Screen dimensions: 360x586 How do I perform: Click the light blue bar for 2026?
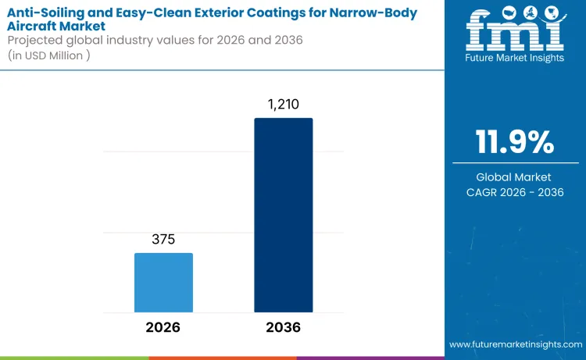coord(163,282)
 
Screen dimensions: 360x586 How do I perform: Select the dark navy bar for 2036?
coord(283,215)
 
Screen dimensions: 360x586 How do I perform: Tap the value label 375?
coord(163,240)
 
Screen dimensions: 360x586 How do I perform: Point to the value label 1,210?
coord(283,104)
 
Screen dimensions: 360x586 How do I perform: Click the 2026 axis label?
coord(163,327)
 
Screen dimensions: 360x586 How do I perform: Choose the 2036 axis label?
coord(283,327)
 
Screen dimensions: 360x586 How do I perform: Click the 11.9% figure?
coord(515,143)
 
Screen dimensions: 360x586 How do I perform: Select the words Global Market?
coord(515,177)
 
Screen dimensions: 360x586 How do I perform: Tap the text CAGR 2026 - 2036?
coord(515,192)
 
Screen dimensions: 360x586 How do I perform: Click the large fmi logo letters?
coord(515,32)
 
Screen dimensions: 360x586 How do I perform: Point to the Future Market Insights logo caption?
coord(515,58)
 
